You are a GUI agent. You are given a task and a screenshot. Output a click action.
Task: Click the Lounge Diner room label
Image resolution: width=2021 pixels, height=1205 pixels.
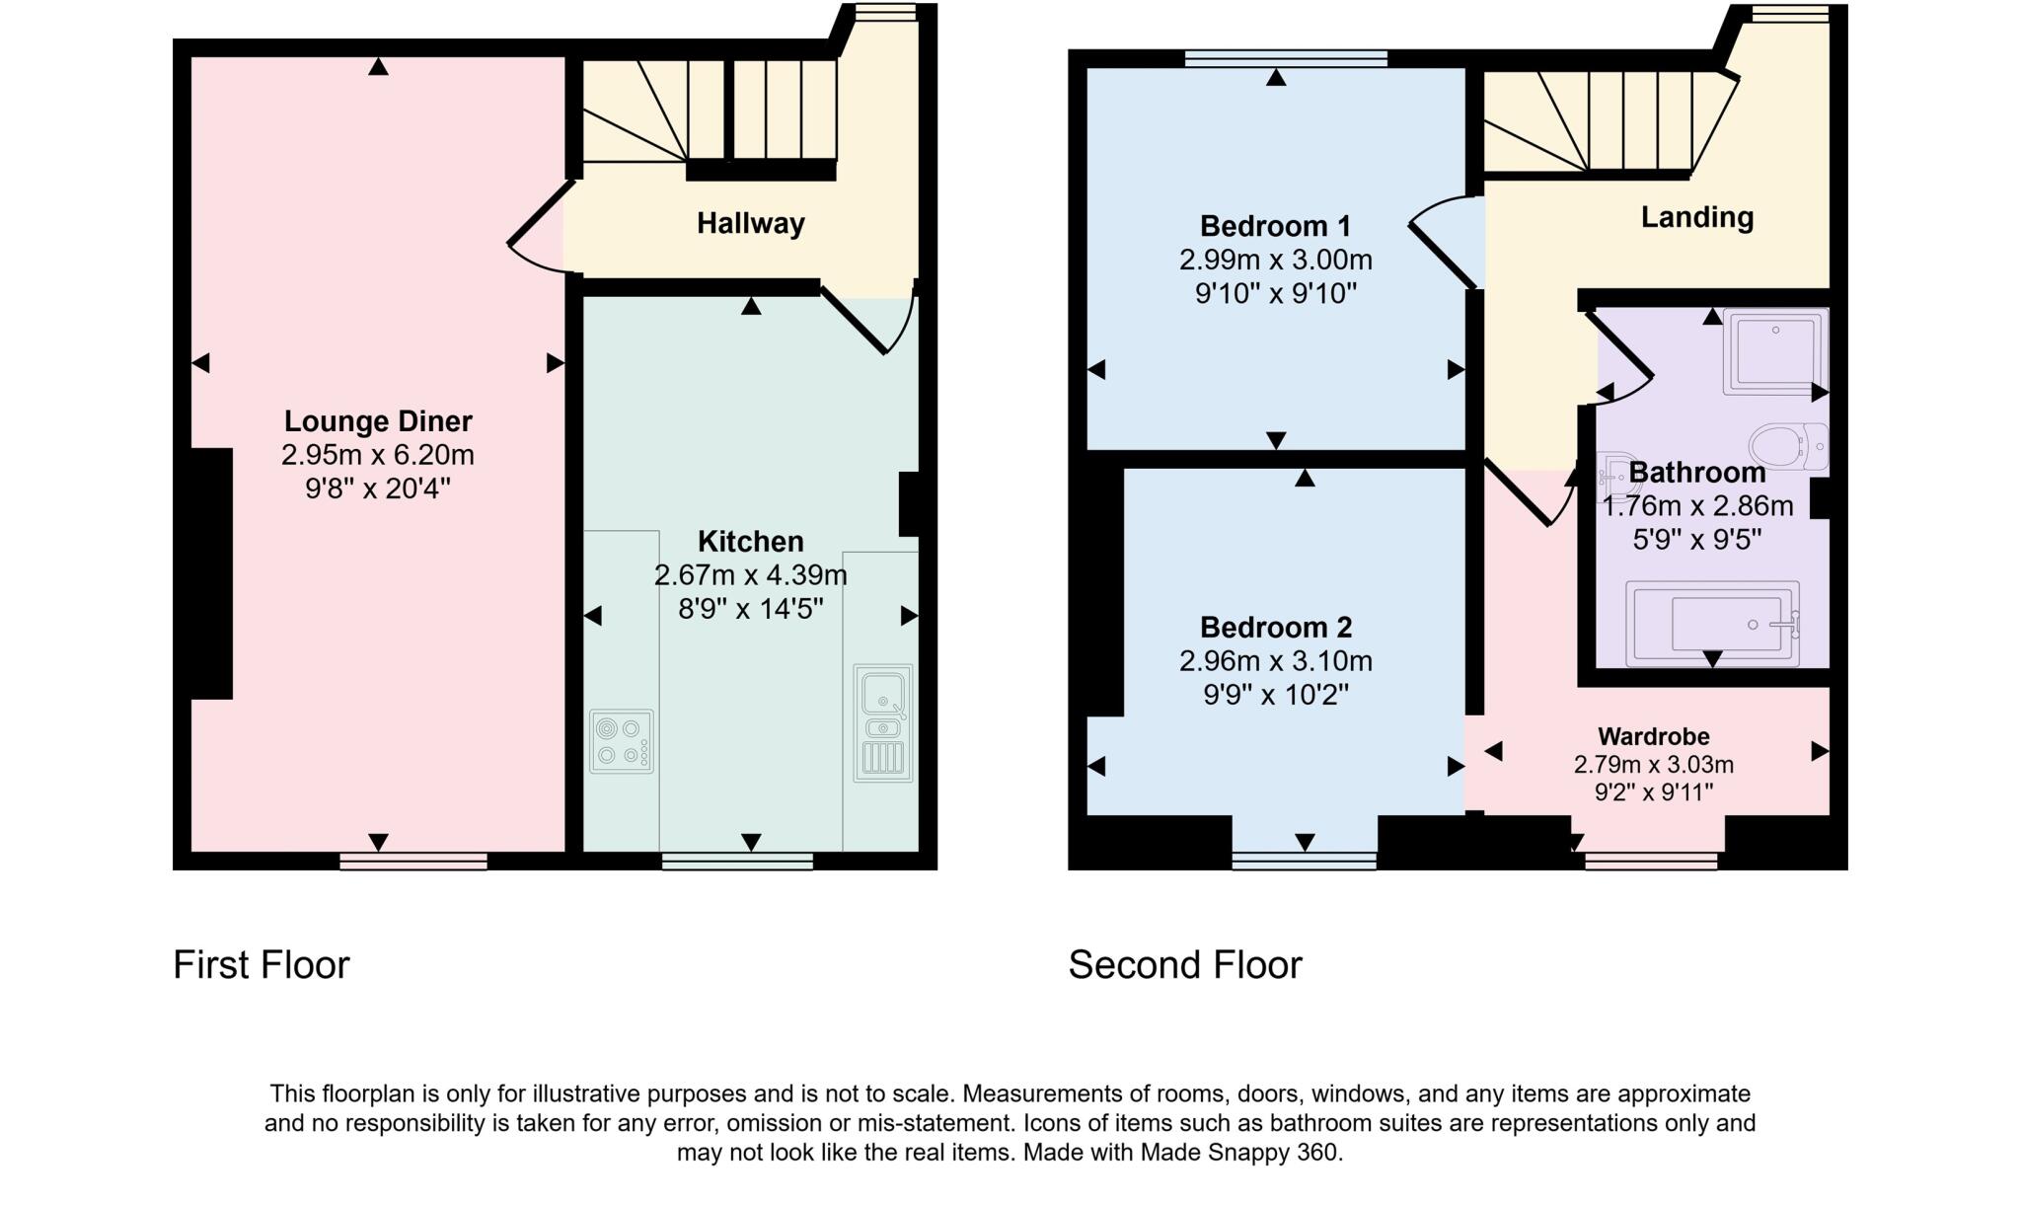tap(378, 421)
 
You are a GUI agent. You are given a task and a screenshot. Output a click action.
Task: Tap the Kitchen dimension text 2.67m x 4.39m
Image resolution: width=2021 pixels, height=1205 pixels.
tap(750, 575)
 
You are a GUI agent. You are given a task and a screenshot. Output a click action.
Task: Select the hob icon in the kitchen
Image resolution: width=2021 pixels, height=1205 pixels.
tap(622, 741)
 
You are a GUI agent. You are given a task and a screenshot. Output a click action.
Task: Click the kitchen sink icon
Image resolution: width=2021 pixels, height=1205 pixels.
tap(882, 722)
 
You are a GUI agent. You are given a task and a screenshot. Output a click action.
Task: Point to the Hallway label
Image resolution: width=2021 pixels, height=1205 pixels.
tap(750, 224)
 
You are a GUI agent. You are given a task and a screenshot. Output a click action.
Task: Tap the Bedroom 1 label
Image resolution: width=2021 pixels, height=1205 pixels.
tap(1275, 226)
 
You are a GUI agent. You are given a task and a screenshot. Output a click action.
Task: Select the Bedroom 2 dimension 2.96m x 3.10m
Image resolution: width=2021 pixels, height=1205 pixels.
tap(1275, 661)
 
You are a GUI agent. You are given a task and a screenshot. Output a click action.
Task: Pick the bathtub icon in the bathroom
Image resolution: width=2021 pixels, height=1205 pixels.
tap(1712, 624)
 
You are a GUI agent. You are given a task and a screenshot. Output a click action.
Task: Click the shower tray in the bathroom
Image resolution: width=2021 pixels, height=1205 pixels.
tap(1774, 351)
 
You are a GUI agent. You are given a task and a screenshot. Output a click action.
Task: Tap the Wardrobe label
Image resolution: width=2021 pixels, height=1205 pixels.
tap(1653, 736)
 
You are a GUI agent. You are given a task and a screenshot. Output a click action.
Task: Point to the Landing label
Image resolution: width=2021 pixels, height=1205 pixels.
tap(1696, 217)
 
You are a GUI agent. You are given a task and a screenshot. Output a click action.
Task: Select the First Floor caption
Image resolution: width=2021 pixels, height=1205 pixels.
tap(262, 964)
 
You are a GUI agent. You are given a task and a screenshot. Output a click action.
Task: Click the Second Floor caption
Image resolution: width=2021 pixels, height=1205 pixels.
tap(1185, 964)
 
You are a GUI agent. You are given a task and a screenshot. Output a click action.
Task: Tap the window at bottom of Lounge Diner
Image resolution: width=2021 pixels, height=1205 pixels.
tap(413, 862)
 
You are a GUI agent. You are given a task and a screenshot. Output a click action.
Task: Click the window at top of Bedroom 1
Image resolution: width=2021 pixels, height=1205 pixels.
tap(1285, 58)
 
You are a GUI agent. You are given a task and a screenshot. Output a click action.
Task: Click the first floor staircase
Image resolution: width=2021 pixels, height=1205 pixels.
tap(711, 113)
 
